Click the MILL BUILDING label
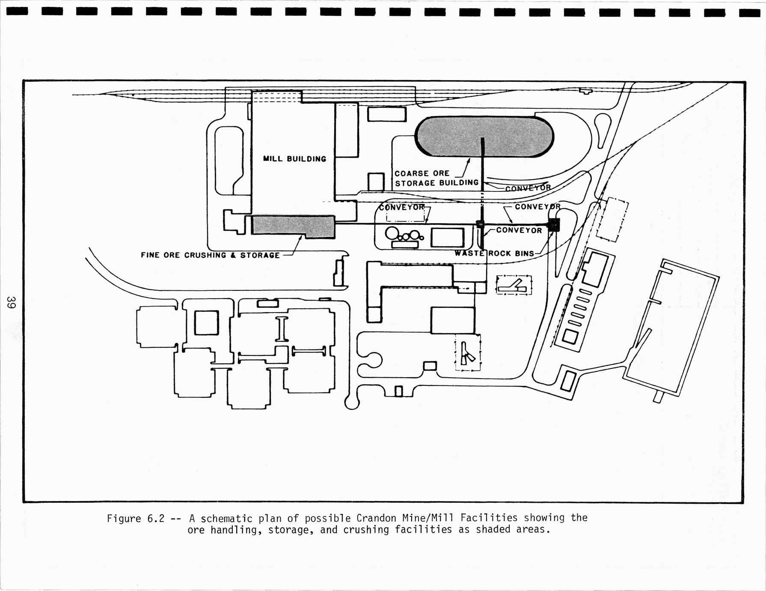click(x=294, y=159)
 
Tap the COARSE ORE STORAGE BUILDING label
click(x=436, y=178)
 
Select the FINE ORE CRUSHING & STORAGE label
click(x=210, y=255)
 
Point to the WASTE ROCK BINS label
click(x=495, y=253)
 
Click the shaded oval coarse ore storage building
click(x=484, y=137)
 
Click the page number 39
click(x=11, y=302)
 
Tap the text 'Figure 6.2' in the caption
click(x=136, y=519)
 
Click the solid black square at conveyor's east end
click(x=554, y=224)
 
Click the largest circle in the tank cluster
click(x=392, y=234)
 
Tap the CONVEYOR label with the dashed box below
click(x=402, y=207)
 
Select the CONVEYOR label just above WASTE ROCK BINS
click(x=519, y=230)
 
